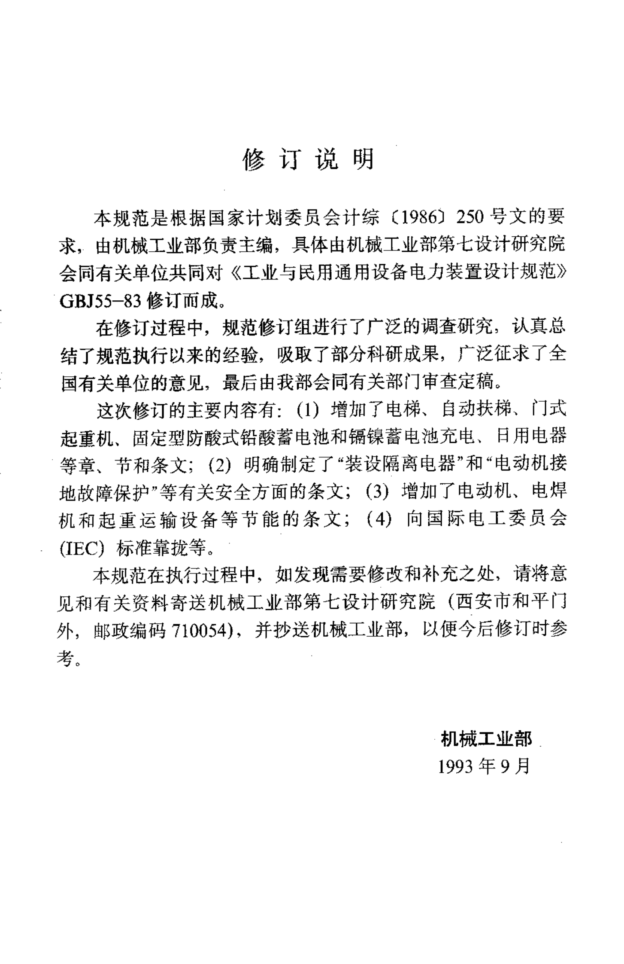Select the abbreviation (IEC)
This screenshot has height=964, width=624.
click(82, 547)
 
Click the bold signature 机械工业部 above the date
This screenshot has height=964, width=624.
click(486, 739)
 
